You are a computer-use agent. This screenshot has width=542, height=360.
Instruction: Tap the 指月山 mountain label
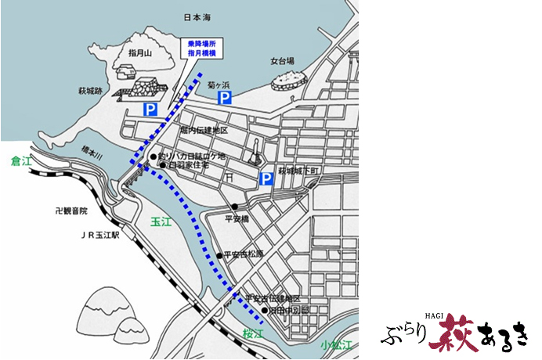point(143,52)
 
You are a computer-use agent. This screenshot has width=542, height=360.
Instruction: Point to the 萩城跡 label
point(89,92)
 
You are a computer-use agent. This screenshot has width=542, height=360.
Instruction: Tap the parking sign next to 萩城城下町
point(266,180)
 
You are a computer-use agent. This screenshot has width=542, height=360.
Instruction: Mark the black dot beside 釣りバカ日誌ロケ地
point(154,157)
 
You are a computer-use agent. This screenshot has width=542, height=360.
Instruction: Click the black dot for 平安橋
point(234,207)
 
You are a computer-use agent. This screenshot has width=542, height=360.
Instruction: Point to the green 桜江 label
point(252,331)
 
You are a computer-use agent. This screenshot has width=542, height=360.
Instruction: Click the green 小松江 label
point(334,345)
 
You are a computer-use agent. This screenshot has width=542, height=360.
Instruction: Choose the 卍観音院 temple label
point(72,211)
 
